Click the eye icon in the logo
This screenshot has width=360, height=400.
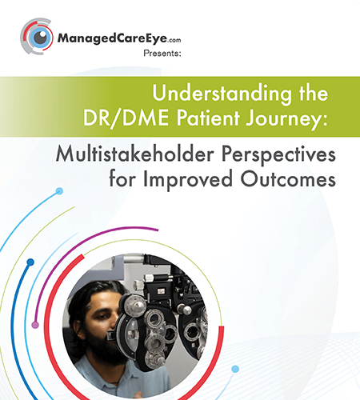pyautogui.click(x=37, y=36)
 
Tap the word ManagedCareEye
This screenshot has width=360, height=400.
pyautogui.click(x=112, y=38)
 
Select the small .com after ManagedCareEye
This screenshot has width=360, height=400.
pyautogui.click(x=174, y=40)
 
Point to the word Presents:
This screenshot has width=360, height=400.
pyautogui.click(x=162, y=54)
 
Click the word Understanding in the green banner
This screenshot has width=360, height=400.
pyautogui.click(x=222, y=94)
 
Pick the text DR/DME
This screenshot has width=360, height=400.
pyautogui.click(x=126, y=118)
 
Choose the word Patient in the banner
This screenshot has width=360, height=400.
pyautogui.click(x=208, y=118)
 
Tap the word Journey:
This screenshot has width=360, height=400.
pyautogui.click(x=286, y=119)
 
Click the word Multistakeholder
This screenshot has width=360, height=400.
pyautogui.click(x=135, y=154)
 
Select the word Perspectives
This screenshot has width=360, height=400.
pyautogui.click(x=278, y=155)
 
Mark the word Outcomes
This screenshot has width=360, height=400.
pyautogui.click(x=288, y=178)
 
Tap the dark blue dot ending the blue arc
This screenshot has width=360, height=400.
pyautogui.click(x=30, y=262)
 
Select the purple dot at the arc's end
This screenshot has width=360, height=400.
pyautogui.click(x=35, y=325)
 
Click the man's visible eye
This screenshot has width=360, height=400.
pyautogui.click(x=102, y=317)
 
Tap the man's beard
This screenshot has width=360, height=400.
pyautogui.click(x=106, y=346)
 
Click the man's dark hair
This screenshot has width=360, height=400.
pyautogui.click(x=90, y=296)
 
